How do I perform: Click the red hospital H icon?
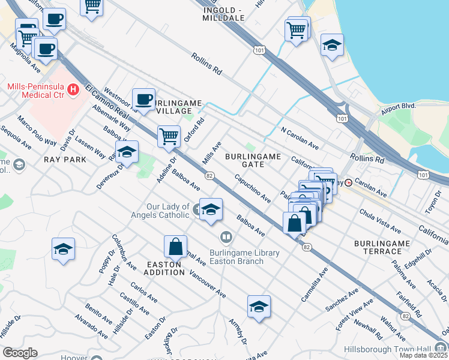click(x=73, y=90)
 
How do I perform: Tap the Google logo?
click(x=20, y=353)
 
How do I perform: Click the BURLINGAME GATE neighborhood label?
click(x=253, y=160)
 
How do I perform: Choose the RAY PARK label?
click(x=65, y=160)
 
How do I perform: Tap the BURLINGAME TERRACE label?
click(x=382, y=247)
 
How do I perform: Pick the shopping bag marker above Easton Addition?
click(x=175, y=246)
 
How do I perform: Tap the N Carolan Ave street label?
click(x=299, y=137)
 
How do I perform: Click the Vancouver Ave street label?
click(x=207, y=284)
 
